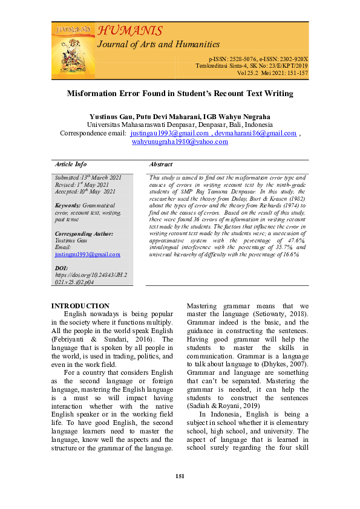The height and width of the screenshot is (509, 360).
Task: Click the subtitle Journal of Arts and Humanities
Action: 158,44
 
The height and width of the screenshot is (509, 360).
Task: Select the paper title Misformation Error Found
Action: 180,94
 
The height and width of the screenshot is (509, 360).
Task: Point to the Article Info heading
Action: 71,164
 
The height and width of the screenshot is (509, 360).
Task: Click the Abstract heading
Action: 160,164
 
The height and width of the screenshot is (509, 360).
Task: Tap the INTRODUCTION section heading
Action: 80,306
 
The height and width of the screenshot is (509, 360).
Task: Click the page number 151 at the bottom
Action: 180,476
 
